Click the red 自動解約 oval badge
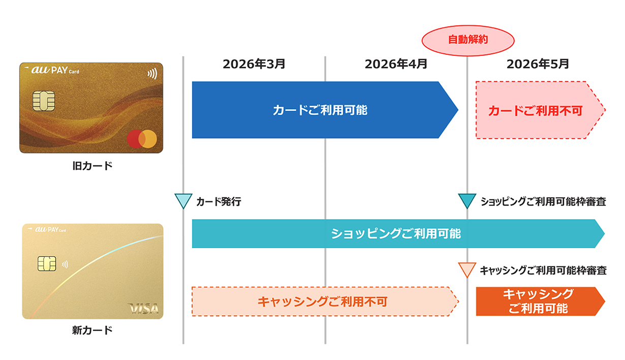tap(467, 39)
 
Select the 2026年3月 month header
tap(254, 64)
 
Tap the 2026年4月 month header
tap(396, 64)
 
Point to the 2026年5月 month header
tap(538, 64)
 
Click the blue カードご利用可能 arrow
tap(320, 110)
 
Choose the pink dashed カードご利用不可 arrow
tap(536, 110)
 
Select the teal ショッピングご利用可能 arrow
tap(396, 234)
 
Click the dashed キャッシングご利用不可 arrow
tap(322, 302)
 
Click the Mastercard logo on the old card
tap(142, 138)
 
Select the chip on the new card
tap(46, 264)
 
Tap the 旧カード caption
tap(92, 166)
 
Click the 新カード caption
tap(92, 331)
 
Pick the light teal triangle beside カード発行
tap(182, 201)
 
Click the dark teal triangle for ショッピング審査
tap(467, 201)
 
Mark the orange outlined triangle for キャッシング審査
tap(467, 269)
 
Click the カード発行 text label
tap(218, 202)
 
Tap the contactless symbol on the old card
tap(152, 74)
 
